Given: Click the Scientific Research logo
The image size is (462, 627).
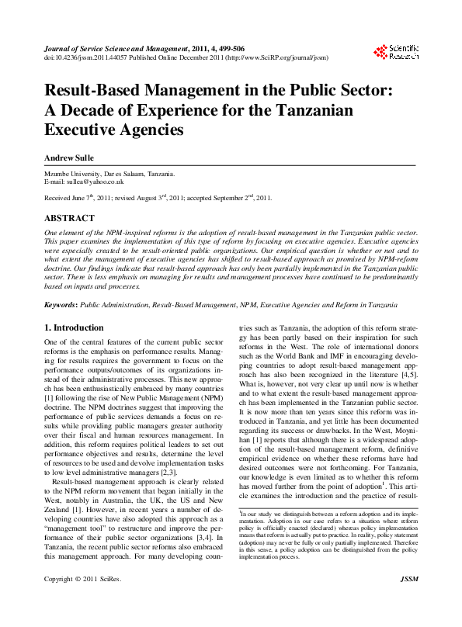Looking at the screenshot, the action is [397, 52].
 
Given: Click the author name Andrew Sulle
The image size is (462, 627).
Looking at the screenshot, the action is [69, 158].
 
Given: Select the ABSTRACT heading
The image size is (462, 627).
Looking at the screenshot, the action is [69, 219].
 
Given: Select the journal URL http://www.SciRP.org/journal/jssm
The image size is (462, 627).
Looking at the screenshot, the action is [266, 57].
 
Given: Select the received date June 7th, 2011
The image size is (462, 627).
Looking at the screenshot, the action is [102, 198].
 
